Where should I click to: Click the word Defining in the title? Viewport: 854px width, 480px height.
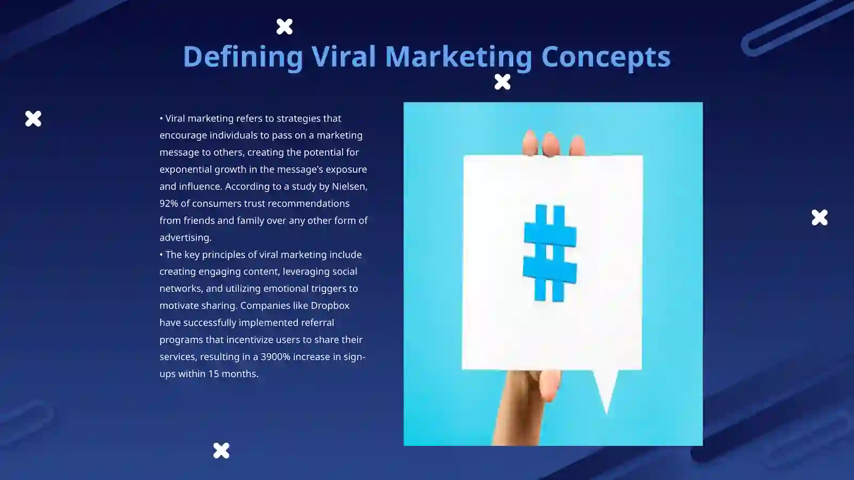(x=243, y=57)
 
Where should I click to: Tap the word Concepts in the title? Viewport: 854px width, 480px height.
(x=606, y=57)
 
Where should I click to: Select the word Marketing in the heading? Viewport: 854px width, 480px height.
(x=458, y=57)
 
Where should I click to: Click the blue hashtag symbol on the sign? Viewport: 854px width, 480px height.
(x=550, y=253)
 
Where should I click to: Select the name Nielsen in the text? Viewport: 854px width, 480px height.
(x=349, y=186)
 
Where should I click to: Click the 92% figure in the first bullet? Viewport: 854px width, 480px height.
(x=168, y=203)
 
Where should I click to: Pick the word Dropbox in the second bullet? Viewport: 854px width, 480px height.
(x=330, y=306)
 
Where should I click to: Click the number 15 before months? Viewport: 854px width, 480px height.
(x=213, y=374)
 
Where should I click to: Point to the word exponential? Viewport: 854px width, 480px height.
(x=185, y=169)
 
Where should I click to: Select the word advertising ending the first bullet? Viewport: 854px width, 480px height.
(x=185, y=237)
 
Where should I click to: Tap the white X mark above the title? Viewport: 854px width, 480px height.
(x=284, y=26)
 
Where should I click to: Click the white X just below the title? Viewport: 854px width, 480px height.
(x=502, y=82)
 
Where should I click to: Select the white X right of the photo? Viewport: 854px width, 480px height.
(x=819, y=217)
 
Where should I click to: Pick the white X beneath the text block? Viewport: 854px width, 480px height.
(x=221, y=451)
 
